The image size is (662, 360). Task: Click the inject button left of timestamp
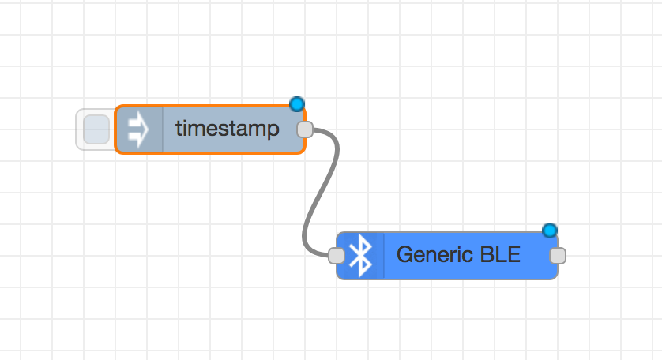tap(96, 129)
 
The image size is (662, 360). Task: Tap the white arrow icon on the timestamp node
tap(138, 129)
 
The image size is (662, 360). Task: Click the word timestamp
tap(228, 129)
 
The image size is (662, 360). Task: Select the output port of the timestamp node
tap(305, 129)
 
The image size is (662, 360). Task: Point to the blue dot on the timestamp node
tap(297, 104)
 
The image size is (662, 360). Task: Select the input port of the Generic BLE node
tap(336, 256)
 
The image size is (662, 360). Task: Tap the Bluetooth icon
tap(360, 255)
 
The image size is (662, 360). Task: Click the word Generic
tap(428, 254)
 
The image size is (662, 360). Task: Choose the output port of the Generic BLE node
tap(558, 256)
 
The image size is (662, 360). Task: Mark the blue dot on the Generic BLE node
tap(549, 231)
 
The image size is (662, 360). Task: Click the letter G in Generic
tap(406, 254)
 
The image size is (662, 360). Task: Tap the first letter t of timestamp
tap(179, 129)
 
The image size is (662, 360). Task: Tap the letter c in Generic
tap(455, 257)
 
